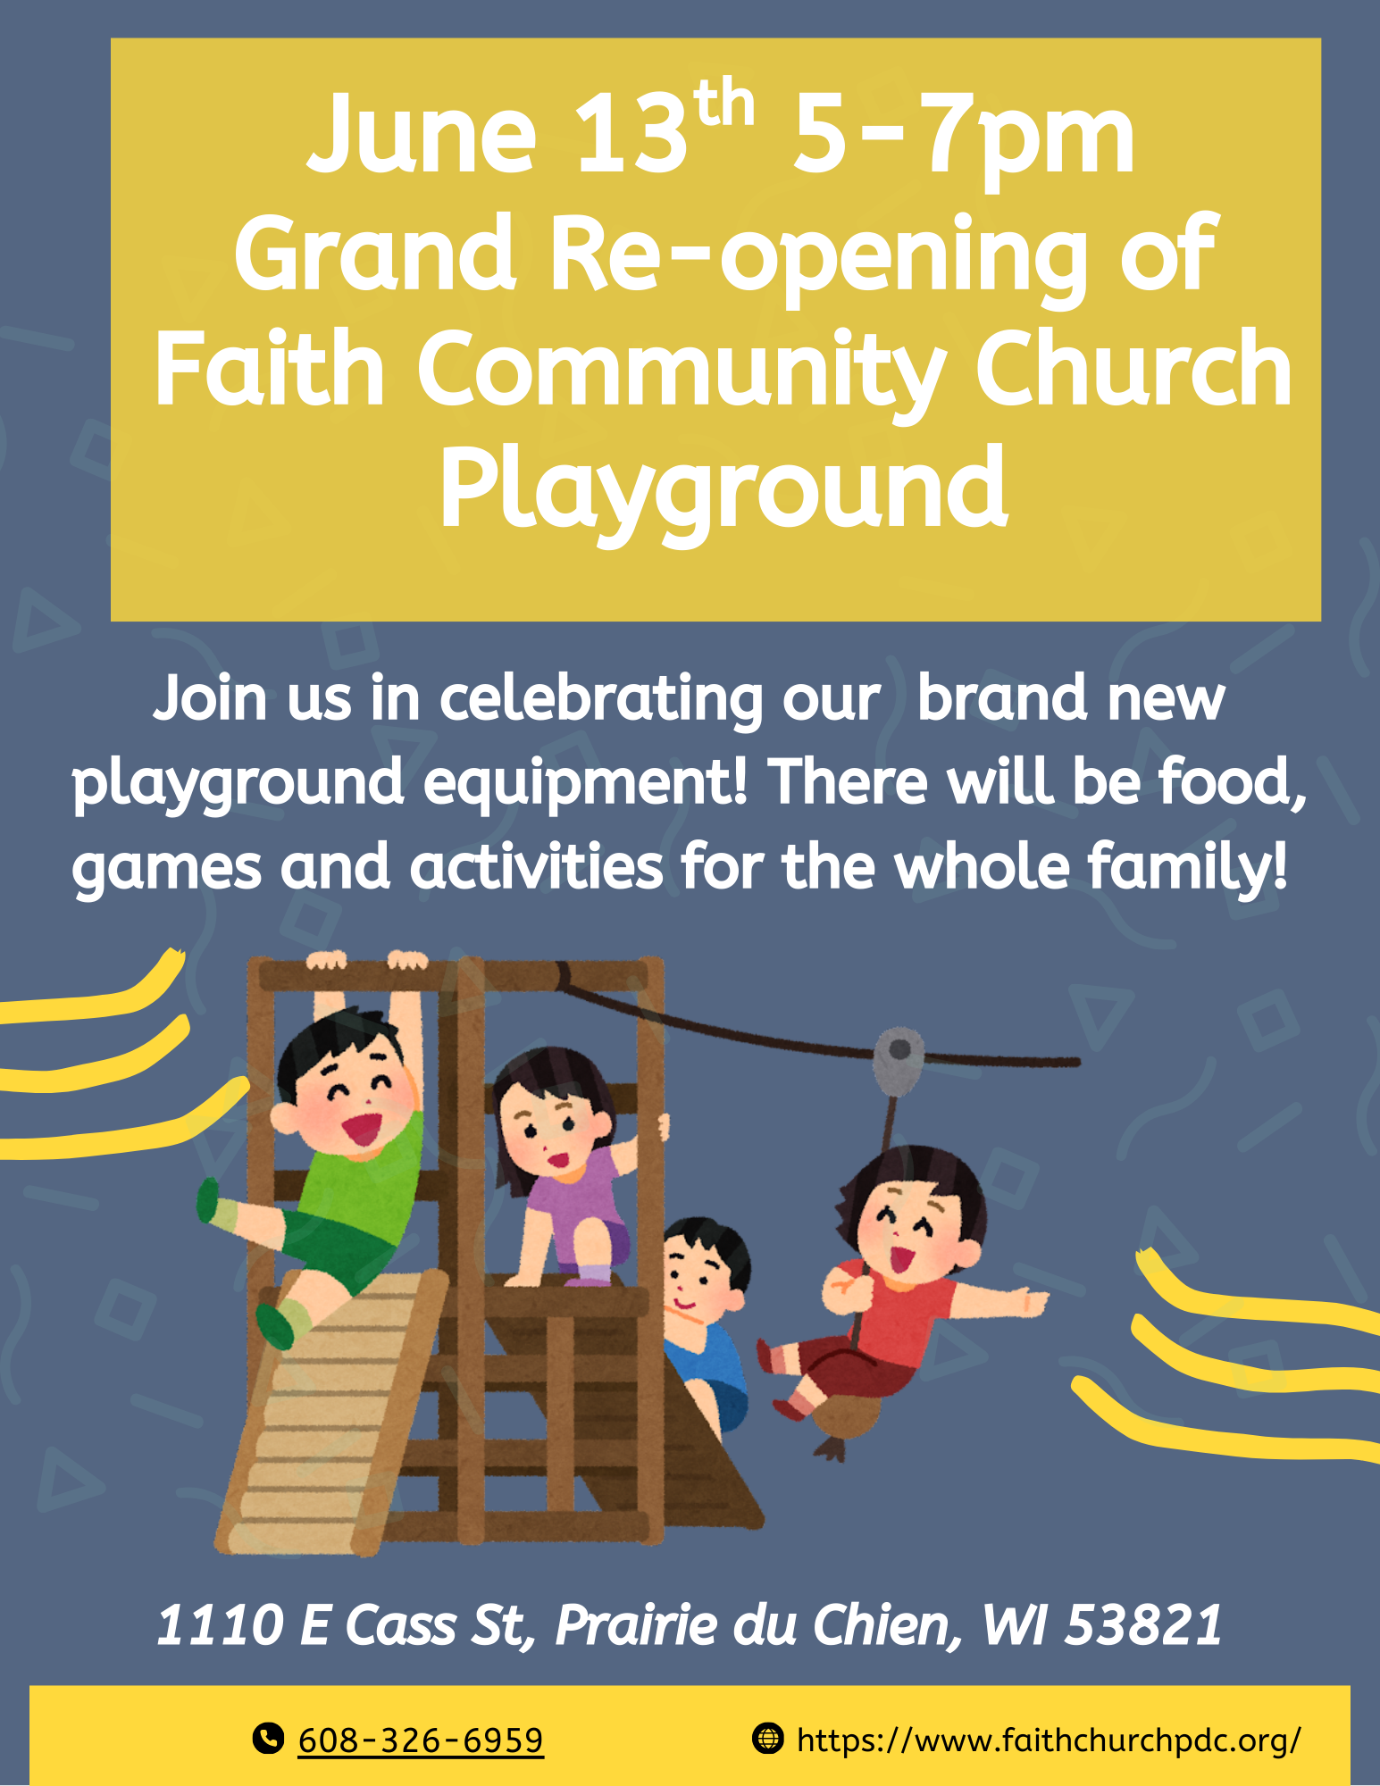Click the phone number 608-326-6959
pyautogui.click(x=421, y=1740)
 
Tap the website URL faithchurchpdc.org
pyautogui.click(x=1049, y=1740)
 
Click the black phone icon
pyautogui.click(x=268, y=1739)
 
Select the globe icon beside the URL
pyautogui.click(x=767, y=1739)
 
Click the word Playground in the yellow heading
pyautogui.click(x=724, y=489)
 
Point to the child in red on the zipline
pyautogui.click(x=893, y=1286)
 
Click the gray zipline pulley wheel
pyautogui.click(x=899, y=1059)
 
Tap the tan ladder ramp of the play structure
pyautogui.click(x=330, y=1415)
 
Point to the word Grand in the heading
pyautogui.click(x=375, y=254)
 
